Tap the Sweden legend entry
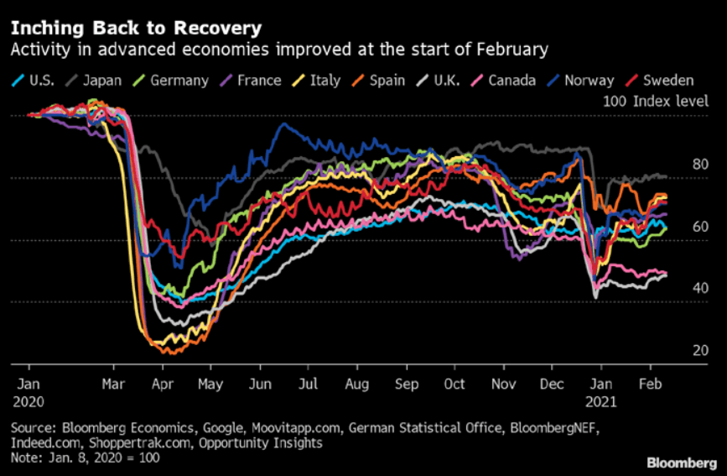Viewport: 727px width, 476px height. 667,81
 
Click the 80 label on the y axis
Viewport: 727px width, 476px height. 677,165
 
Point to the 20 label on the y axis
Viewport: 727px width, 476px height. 677,351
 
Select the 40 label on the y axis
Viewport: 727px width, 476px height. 677,289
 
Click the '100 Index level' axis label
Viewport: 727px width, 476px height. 648,101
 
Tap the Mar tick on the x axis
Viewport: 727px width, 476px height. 115,384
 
